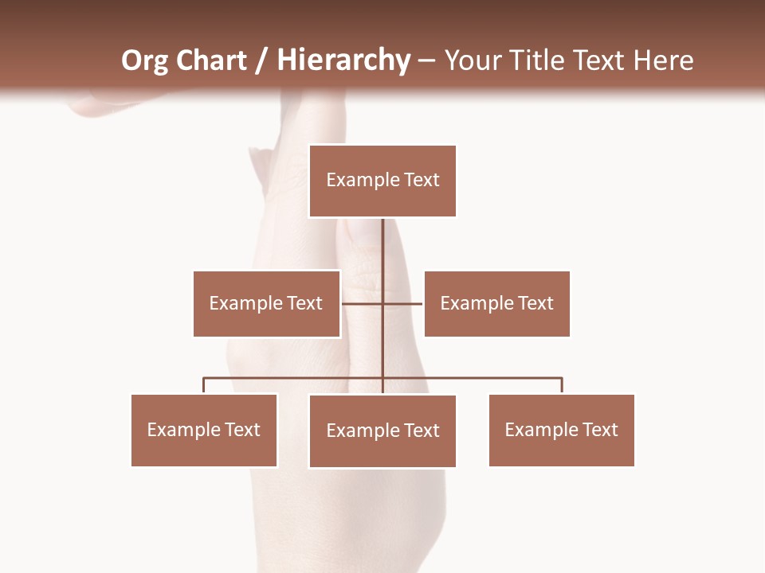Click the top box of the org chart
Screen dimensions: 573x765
(x=382, y=181)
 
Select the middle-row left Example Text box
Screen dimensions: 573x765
(x=266, y=303)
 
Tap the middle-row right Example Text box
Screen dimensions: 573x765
(x=496, y=303)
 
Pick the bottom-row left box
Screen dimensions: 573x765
(x=204, y=430)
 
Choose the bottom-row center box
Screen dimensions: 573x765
(x=382, y=431)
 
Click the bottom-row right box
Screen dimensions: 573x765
(x=561, y=430)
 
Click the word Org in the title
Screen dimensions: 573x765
(x=143, y=60)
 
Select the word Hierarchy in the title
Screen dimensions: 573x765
(x=343, y=60)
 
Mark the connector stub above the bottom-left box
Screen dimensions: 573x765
(x=204, y=386)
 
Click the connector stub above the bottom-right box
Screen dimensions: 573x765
(x=562, y=386)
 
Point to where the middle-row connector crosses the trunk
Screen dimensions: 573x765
(x=382, y=303)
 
